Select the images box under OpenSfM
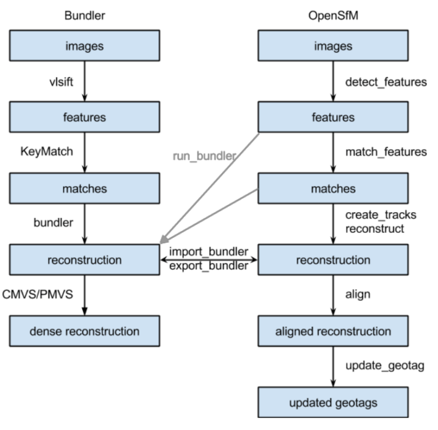333,46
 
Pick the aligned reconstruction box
333,331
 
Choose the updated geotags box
333,403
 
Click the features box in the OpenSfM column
333,118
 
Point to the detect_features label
386,82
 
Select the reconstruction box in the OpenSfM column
333,260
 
